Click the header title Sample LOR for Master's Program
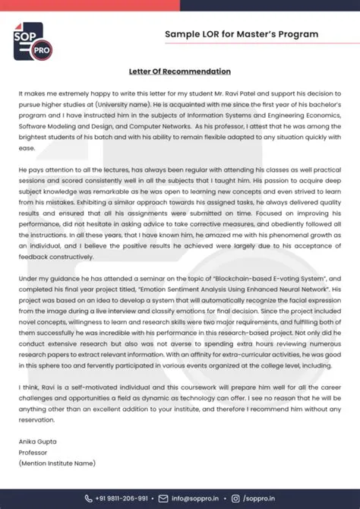pos(242,34)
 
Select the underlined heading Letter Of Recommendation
pos(179,71)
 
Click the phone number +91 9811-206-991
pos(122,498)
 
